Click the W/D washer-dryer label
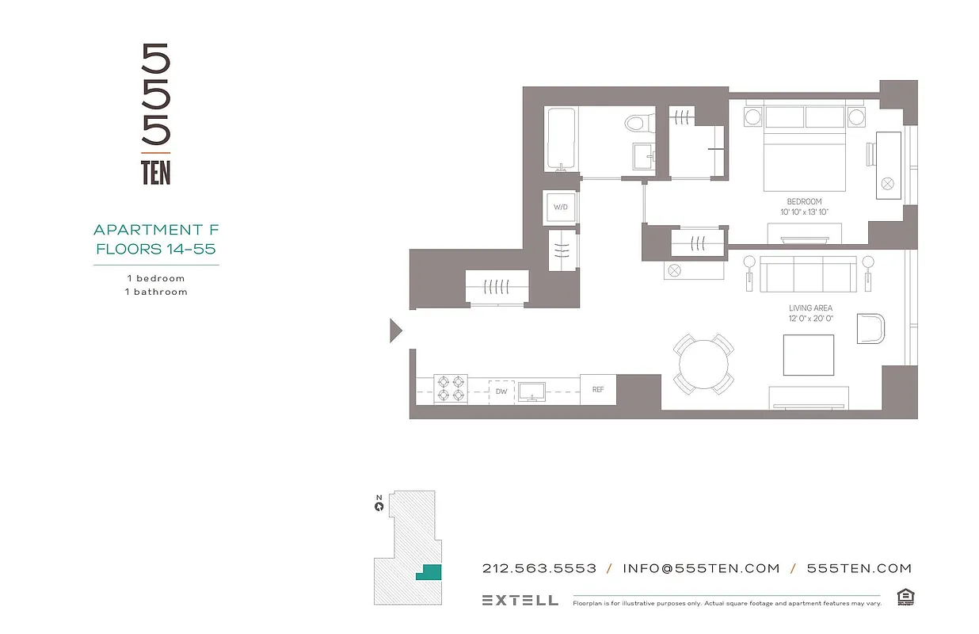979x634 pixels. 561,207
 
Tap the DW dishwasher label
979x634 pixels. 501,391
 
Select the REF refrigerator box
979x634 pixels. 598,390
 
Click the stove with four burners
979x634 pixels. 451,389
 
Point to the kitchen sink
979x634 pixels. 530,390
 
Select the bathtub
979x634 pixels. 561,139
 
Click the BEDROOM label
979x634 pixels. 804,201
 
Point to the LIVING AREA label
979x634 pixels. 810,308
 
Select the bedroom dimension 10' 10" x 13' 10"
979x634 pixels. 804,212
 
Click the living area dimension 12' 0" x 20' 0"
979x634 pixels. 810,319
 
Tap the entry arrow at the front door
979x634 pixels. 396,330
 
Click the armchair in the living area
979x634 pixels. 870,328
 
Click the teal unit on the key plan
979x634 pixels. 429,573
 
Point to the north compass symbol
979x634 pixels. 379,505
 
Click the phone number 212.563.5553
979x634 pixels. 539,568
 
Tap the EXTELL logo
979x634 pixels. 520,600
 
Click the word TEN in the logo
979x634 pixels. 156,173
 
